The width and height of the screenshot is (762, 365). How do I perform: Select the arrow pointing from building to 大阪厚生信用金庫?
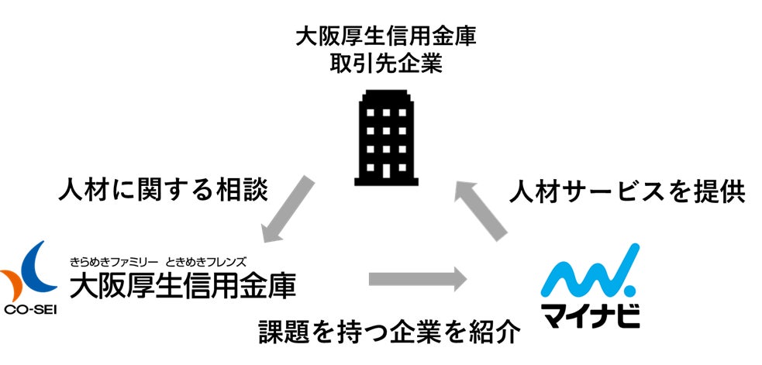coord(288,207)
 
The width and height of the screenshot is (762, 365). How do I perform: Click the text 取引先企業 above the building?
coord(385,64)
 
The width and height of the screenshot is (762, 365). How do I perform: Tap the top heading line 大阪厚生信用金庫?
coord(385,36)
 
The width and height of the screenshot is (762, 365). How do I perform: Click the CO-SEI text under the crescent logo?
coord(29,311)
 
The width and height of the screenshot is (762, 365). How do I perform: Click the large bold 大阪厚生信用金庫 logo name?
coord(183,284)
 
